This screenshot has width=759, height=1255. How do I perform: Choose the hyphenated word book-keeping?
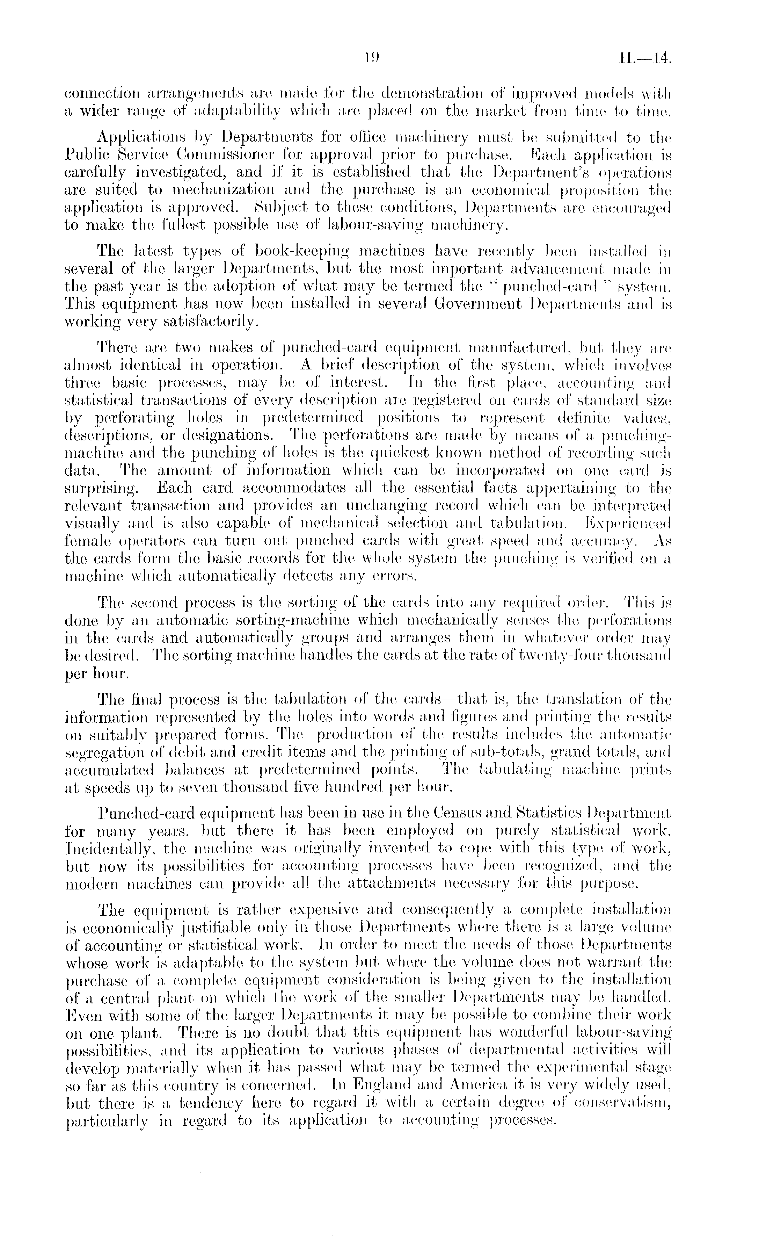pos(294,251)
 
